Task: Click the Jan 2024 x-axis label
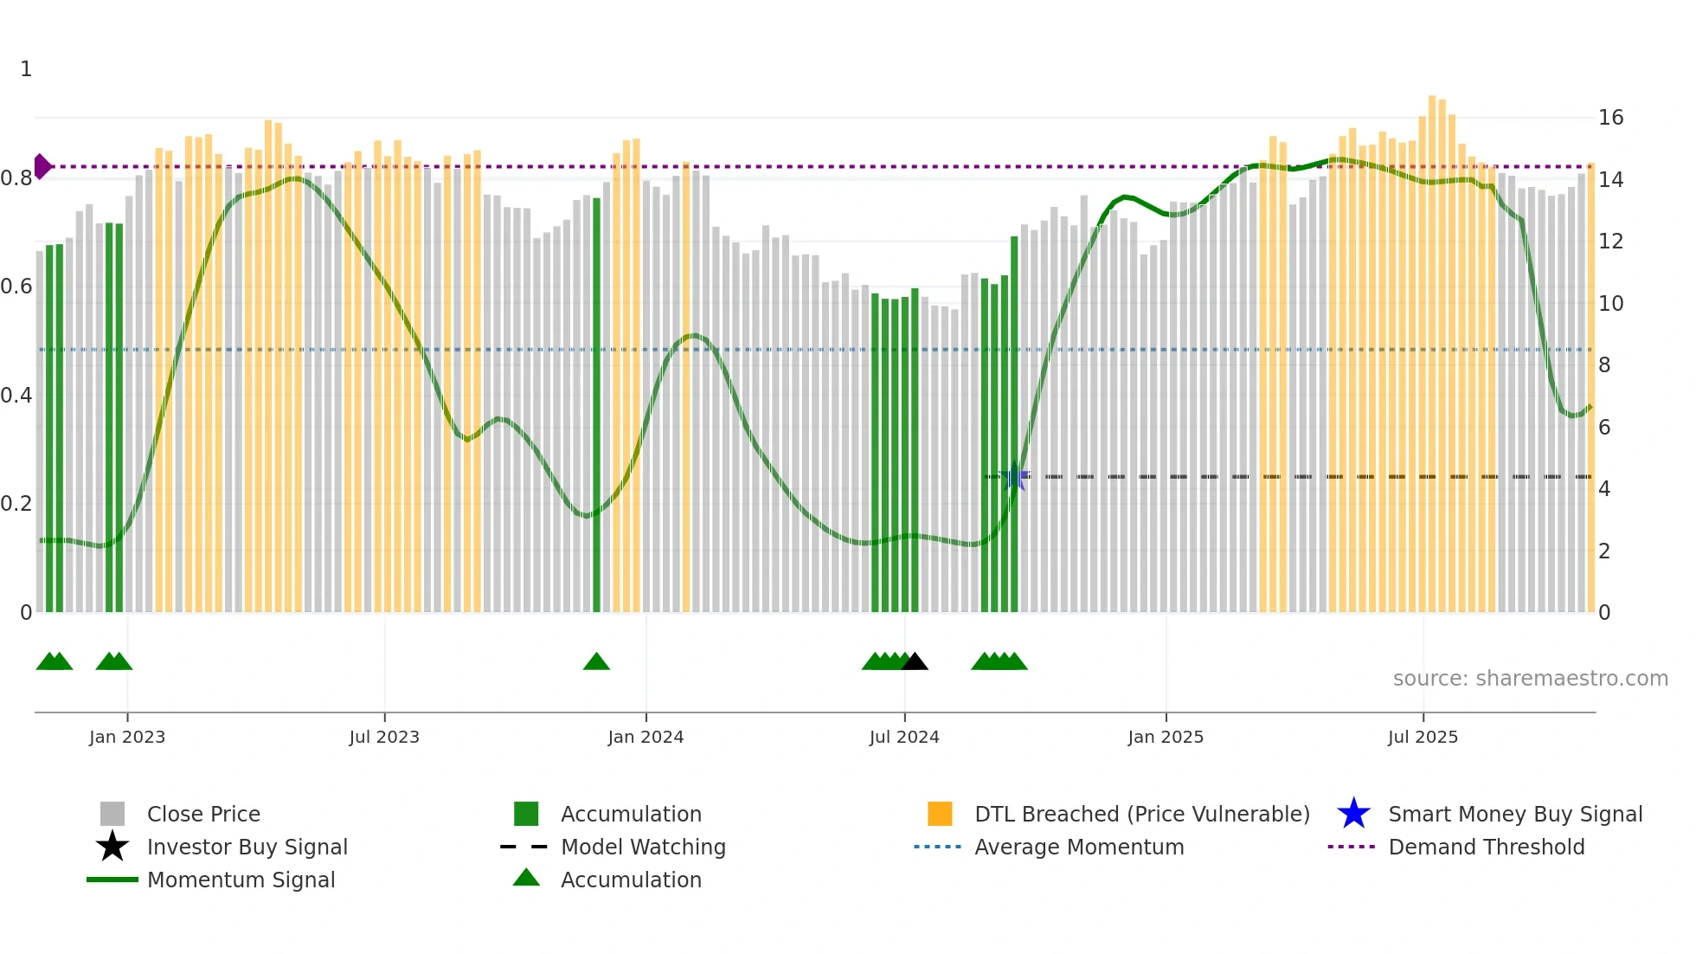coord(646,737)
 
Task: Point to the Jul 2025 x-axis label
coord(1423,737)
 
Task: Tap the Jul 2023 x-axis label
coord(384,737)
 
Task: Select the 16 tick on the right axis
coord(1610,118)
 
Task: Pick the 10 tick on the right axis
coord(1610,304)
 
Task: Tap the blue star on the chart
coord(1014,476)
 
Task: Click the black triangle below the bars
coord(915,662)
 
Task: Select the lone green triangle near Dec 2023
coord(596,662)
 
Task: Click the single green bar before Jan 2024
coord(596,405)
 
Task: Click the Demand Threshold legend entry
coord(1486,847)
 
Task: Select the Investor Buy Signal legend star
coord(112,847)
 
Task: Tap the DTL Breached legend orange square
coord(940,814)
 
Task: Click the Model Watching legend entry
coord(642,847)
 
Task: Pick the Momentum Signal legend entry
coord(241,880)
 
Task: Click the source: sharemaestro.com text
coord(1530,679)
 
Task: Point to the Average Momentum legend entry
coord(1078,847)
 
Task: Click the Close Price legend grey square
coord(112,814)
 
